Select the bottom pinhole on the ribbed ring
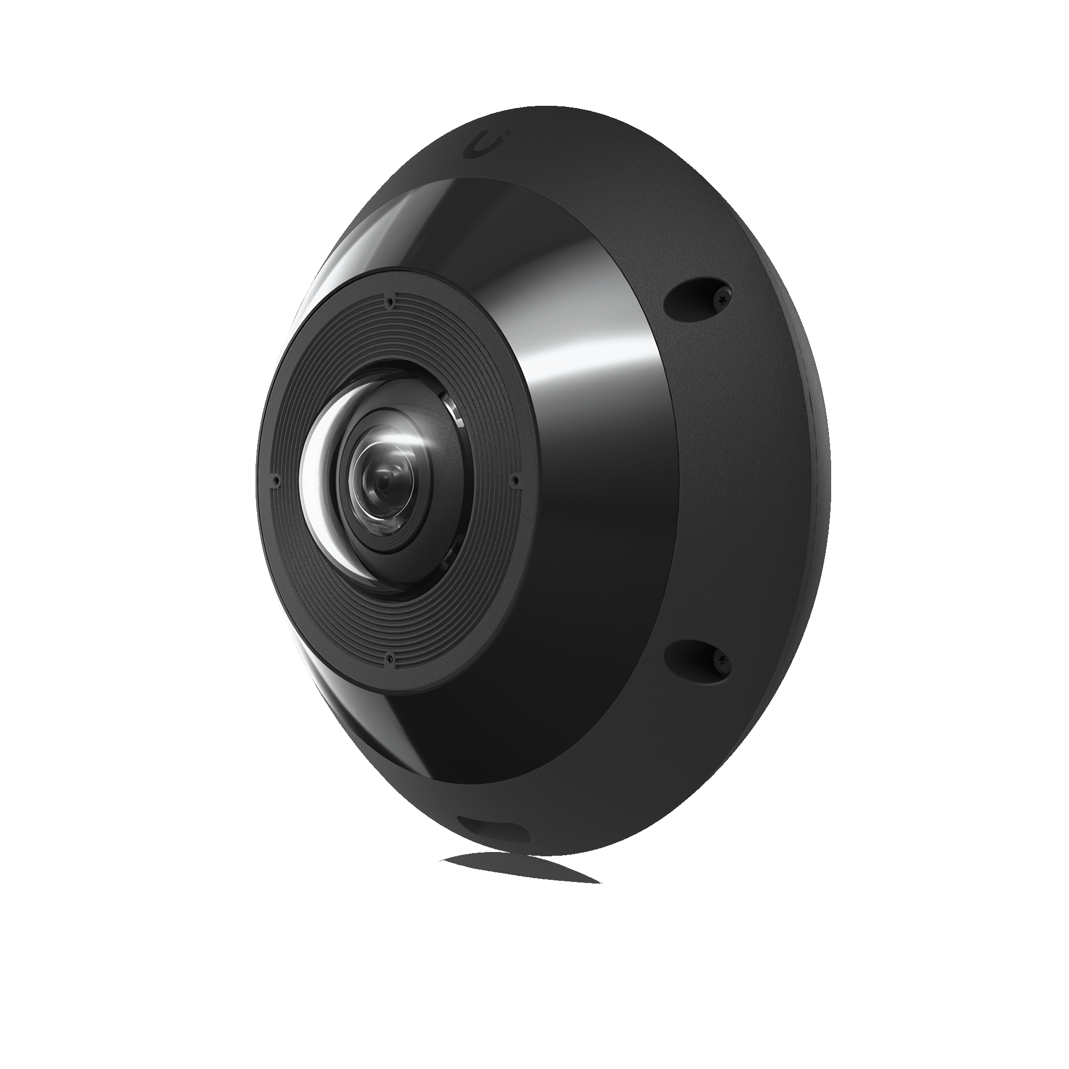point(391,658)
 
